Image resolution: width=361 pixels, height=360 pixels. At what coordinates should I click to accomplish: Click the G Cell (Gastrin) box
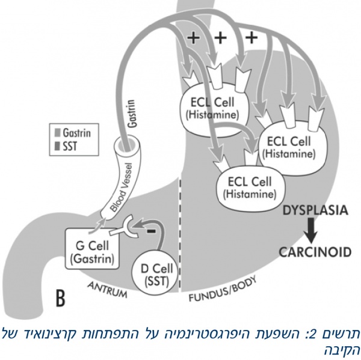(91, 252)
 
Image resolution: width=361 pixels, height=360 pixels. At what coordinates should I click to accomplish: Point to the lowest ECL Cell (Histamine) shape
(249, 188)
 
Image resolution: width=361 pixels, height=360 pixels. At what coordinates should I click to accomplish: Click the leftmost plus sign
(193, 39)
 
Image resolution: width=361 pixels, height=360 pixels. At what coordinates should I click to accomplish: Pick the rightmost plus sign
(250, 39)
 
